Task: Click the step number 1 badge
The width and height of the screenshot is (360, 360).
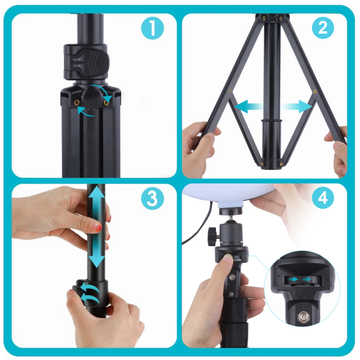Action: click(x=152, y=29)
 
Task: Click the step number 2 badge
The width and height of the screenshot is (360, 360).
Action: click(x=323, y=28)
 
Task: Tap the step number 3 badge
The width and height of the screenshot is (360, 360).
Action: click(x=152, y=198)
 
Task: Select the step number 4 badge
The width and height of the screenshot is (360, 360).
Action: click(x=323, y=197)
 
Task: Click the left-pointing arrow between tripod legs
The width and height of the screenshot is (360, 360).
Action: click(x=249, y=106)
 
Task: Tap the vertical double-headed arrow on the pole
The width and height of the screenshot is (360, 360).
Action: click(x=97, y=226)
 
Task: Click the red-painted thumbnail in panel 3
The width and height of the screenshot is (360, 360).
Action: click(x=97, y=227)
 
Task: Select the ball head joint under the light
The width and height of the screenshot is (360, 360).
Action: click(x=231, y=232)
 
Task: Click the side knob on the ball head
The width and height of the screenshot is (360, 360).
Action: click(x=213, y=236)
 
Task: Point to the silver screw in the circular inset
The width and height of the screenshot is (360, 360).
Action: click(x=303, y=317)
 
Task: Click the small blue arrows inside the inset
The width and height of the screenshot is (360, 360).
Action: click(x=300, y=279)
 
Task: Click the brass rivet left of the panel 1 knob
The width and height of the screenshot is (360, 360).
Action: click(x=77, y=103)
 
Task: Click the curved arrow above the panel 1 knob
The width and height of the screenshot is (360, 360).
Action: click(x=103, y=92)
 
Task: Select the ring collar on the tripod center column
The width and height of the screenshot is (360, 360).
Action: click(x=271, y=121)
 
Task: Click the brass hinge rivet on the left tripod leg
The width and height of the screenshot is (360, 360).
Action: click(x=230, y=91)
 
